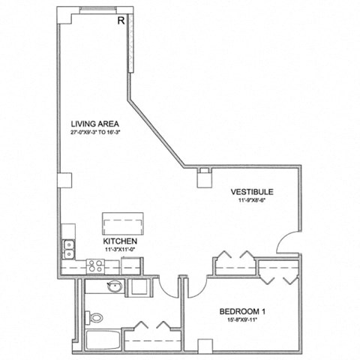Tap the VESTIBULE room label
pos(251,192)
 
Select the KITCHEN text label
pos(119,241)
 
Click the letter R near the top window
pos(121,21)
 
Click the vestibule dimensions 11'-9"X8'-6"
pos(251,201)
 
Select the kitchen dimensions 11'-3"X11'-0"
pos(119,249)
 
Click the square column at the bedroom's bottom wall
pos(203,345)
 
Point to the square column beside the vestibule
pos(203,178)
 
